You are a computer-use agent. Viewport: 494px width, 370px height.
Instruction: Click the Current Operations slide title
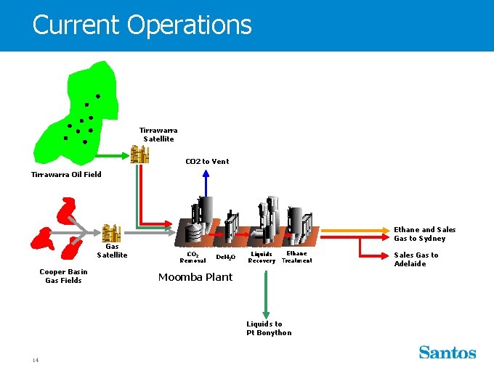pyautogui.click(x=142, y=25)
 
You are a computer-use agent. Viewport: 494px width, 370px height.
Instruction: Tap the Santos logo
pyautogui.click(x=447, y=353)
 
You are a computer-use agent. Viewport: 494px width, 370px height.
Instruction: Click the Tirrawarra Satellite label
pyautogui.click(x=158, y=135)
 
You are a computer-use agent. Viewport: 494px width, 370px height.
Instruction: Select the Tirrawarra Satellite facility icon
pyautogui.click(x=139, y=154)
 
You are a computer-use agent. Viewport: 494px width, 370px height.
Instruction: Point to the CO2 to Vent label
pyautogui.click(x=207, y=161)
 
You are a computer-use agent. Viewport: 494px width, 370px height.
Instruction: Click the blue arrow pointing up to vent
pyautogui.click(x=206, y=185)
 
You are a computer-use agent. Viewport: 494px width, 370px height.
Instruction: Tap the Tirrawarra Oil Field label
pyautogui.click(x=66, y=174)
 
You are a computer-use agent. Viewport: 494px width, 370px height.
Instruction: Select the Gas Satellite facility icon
pyautogui.click(x=111, y=234)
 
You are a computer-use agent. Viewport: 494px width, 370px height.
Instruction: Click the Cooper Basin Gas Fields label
pyautogui.click(x=63, y=276)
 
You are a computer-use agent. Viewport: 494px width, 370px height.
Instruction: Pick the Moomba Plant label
pyautogui.click(x=195, y=277)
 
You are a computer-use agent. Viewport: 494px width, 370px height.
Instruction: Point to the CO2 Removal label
pyautogui.click(x=193, y=258)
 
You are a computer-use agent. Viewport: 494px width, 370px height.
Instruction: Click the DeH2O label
pyautogui.click(x=225, y=258)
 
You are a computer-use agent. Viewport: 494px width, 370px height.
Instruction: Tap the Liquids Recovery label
pyautogui.click(x=262, y=258)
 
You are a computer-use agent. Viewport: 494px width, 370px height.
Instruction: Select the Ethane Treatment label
pyautogui.click(x=296, y=257)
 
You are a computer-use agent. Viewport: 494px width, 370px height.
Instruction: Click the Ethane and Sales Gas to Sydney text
pyautogui.click(x=425, y=234)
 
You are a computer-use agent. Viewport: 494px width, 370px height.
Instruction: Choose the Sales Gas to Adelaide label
pyautogui.click(x=416, y=259)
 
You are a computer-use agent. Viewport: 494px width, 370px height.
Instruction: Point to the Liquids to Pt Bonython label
pyautogui.click(x=269, y=329)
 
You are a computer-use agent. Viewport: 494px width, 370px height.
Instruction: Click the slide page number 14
pyautogui.click(x=35, y=360)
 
